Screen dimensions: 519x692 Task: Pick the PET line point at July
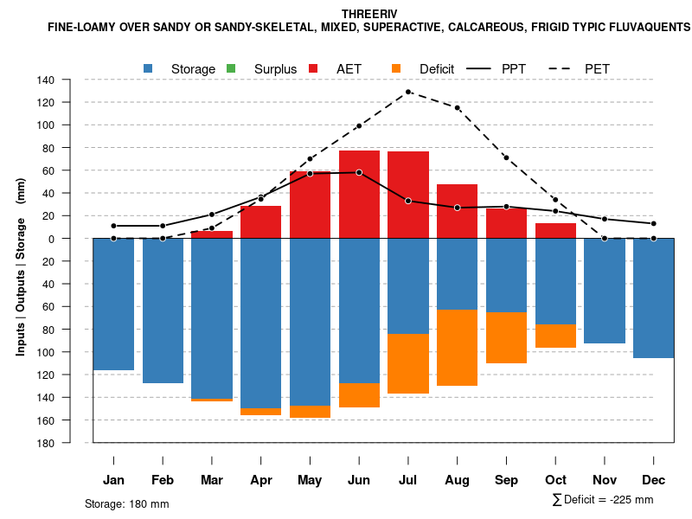click(408, 92)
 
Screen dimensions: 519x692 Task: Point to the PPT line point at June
click(359, 172)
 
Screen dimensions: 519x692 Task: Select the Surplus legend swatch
click(231, 68)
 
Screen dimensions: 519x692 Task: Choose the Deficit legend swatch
click(396, 68)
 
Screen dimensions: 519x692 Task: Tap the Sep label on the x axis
click(506, 480)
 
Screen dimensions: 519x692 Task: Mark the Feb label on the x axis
click(163, 480)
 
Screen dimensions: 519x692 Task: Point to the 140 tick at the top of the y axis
click(70, 80)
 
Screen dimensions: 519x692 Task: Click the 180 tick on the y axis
click(70, 443)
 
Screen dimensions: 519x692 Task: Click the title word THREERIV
click(369, 15)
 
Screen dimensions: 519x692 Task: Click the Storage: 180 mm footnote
click(127, 503)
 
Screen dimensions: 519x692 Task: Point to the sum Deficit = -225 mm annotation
click(603, 500)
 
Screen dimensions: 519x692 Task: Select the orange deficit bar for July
click(408, 363)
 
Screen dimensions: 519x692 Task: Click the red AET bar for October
click(555, 231)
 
